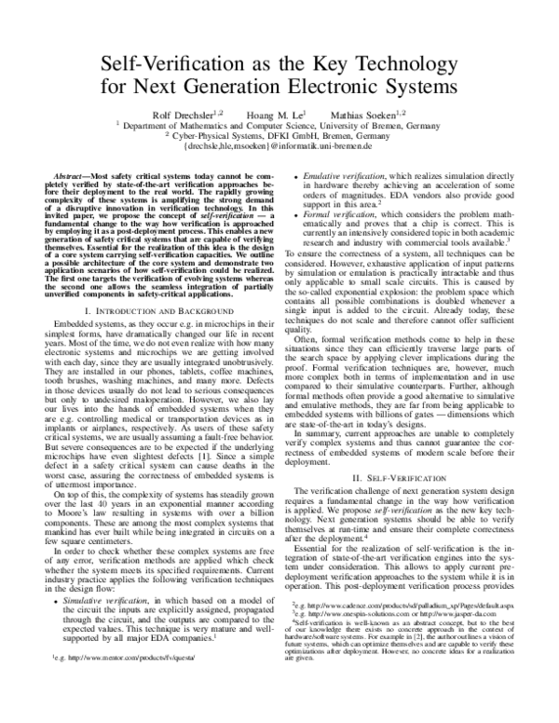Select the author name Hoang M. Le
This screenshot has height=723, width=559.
tap(279, 113)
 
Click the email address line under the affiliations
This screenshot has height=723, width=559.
tap(279, 146)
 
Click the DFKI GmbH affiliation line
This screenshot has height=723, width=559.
tap(279, 135)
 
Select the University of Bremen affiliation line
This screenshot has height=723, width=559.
tap(279, 124)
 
